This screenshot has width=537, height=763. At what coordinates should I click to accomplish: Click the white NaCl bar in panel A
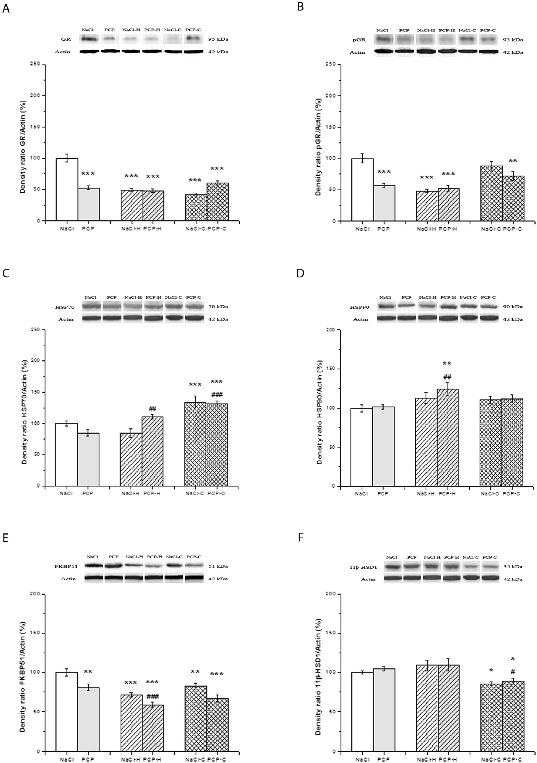pyautogui.click(x=67, y=189)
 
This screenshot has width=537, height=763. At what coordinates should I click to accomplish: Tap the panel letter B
pyautogui.click(x=300, y=7)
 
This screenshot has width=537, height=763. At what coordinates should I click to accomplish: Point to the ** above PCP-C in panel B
pyautogui.click(x=513, y=161)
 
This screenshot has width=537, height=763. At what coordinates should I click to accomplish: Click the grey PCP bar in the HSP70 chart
pyautogui.click(x=88, y=459)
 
